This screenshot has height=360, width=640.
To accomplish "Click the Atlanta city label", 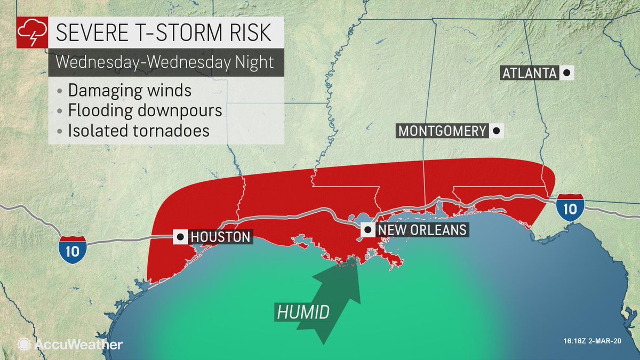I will click(529, 73).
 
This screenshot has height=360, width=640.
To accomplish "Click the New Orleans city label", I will click(422, 230).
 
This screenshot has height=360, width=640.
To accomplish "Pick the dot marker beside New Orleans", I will click(367, 230).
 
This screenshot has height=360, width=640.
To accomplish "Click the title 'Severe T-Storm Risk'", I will click(163, 33).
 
